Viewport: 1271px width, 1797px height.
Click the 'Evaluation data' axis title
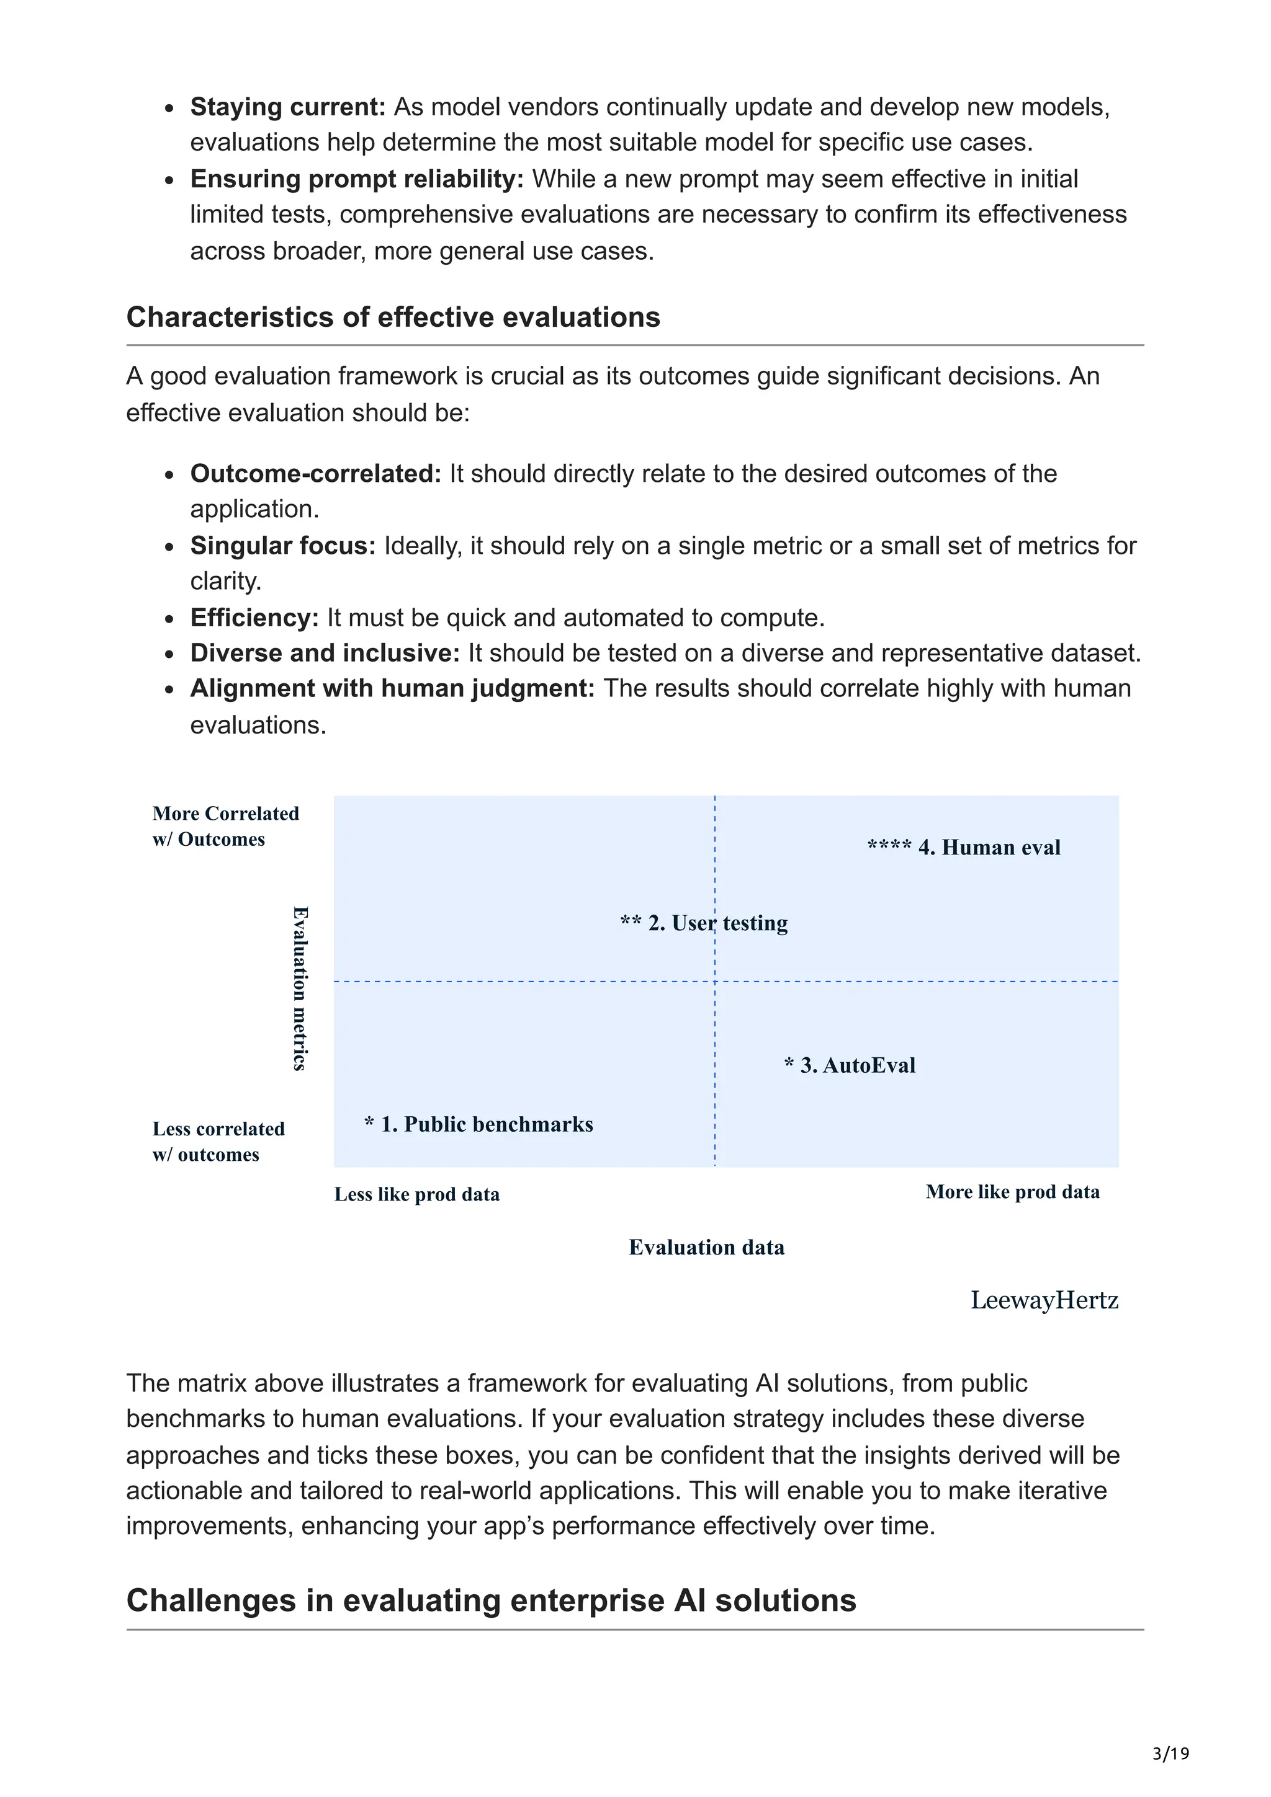pos(706,1248)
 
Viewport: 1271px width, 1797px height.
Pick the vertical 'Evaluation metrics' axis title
pos(300,988)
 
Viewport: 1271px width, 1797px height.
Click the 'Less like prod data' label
pos(416,1194)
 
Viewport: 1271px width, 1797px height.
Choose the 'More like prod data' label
pos(1013,1192)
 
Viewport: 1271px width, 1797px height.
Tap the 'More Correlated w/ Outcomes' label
pos(225,827)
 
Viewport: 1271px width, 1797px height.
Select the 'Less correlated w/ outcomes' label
pos(218,1142)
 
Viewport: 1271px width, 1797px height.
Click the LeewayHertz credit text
pos(1044,1301)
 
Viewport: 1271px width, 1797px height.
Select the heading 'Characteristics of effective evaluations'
pos(393,317)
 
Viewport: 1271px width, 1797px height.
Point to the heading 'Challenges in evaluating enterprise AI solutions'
pos(491,1600)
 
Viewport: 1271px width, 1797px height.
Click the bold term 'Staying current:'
pos(287,107)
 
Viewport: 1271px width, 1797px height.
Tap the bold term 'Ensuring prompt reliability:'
pos(356,179)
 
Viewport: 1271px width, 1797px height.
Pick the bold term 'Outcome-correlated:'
pos(316,474)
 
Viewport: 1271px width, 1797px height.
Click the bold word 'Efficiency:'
pos(254,618)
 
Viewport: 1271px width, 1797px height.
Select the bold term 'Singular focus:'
pos(283,546)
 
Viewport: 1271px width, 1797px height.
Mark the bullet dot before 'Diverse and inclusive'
pos(169,654)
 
